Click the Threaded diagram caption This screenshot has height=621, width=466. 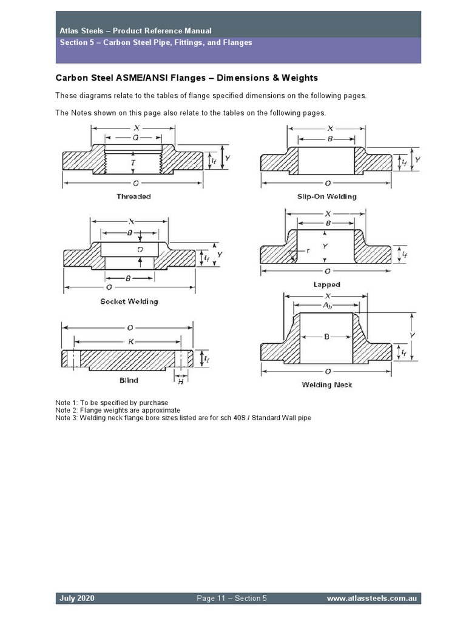[x=133, y=196]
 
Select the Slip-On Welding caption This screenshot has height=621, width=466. [x=326, y=196]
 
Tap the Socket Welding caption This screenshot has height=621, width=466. [x=129, y=301]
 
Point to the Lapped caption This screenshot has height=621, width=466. [x=326, y=284]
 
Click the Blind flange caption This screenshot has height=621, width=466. [x=129, y=380]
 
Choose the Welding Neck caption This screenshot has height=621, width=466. [x=326, y=385]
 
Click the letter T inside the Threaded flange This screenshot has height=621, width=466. [x=133, y=164]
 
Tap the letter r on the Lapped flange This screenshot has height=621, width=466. [x=308, y=250]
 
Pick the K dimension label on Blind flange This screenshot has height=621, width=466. [x=130, y=342]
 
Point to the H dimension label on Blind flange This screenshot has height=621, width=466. [x=180, y=381]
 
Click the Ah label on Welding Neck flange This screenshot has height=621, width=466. [x=330, y=306]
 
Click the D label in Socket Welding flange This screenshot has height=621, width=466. [x=140, y=249]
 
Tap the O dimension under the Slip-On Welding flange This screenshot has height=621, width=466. [x=328, y=183]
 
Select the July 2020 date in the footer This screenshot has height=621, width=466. [x=76, y=599]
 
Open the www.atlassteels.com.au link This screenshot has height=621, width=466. [x=371, y=599]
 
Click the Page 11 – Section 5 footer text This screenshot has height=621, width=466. [x=232, y=599]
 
